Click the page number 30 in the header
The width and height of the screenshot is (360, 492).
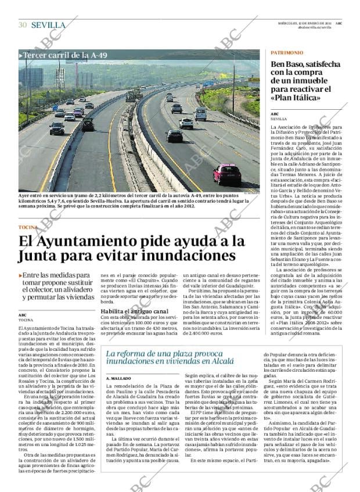coord(23,24)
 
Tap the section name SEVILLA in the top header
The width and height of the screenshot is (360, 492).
coord(48,24)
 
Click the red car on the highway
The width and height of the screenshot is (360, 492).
coord(227,173)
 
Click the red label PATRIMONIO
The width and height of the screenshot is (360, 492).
coord(286,53)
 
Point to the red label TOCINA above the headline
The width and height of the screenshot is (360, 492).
coord(28,227)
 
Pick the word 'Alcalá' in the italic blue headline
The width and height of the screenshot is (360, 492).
coord(234,361)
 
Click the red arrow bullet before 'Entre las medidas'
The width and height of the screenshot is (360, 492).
coord(21,275)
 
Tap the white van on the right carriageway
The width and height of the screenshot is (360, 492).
coord(200,114)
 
